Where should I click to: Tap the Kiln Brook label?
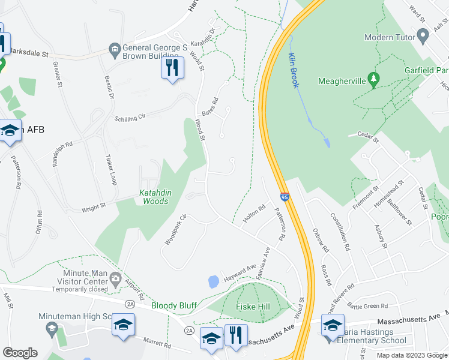(293, 70)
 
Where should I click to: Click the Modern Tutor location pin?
(423, 37)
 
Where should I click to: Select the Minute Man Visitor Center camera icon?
(115, 278)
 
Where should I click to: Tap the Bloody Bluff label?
(173, 305)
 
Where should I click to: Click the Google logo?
(20, 353)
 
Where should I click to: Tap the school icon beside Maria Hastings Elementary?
(333, 325)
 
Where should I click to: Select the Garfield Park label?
(426, 70)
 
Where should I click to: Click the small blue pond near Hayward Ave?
(212, 281)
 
